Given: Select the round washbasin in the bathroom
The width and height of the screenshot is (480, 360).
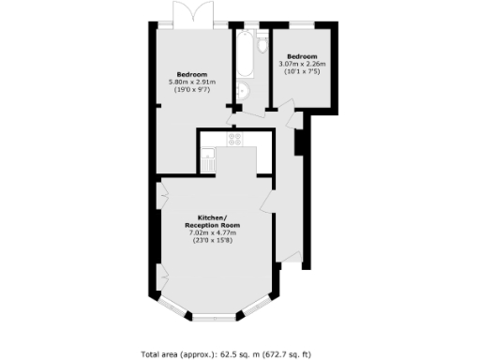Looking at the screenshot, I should point(242,91).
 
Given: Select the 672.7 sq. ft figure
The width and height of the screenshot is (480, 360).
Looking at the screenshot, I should point(300,353).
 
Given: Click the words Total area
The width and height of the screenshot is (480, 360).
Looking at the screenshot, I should point(159,353).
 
